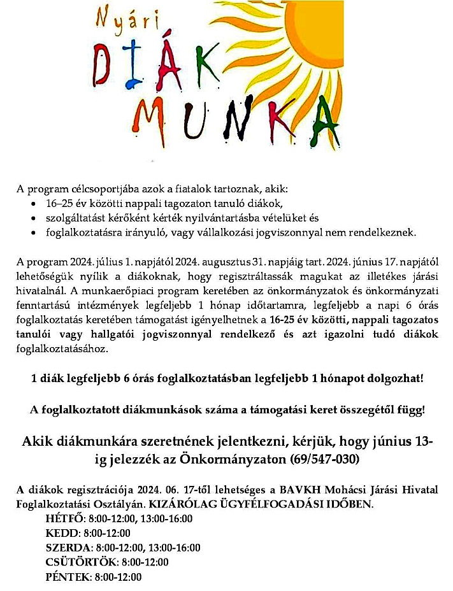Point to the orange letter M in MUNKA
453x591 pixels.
pos(155,124)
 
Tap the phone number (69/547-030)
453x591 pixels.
pos(325,459)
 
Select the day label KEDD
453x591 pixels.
pos(61,533)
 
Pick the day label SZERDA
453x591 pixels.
pos(68,548)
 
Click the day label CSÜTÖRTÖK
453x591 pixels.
pos(80,562)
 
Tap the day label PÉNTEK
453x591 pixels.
pos(67,578)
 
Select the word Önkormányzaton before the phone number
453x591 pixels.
pos(232,459)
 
